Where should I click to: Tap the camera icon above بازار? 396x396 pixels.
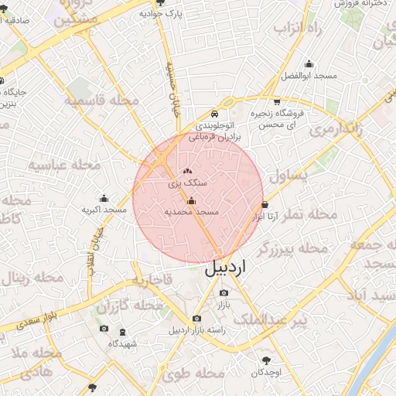point(224,293)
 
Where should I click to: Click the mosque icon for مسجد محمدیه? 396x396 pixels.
point(191,202)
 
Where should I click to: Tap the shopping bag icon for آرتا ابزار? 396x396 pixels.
point(266,205)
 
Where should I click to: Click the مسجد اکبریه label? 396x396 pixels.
point(104,210)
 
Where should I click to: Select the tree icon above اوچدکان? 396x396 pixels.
point(268,360)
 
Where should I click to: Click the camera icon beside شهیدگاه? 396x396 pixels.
point(104,329)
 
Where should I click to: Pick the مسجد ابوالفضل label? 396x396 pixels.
point(307,77)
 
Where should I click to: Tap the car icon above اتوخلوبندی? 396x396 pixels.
point(215,113)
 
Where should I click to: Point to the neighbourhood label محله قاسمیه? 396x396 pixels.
point(101,101)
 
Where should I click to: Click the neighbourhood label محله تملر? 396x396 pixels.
point(312,213)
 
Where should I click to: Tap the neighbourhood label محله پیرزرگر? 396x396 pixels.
point(292,249)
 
